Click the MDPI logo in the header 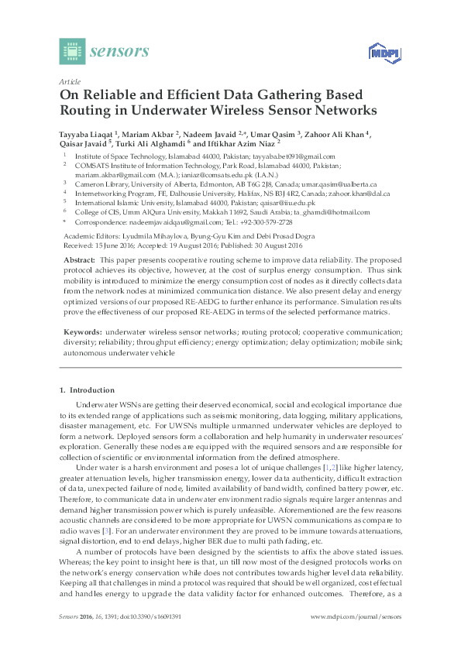click(x=377, y=53)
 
